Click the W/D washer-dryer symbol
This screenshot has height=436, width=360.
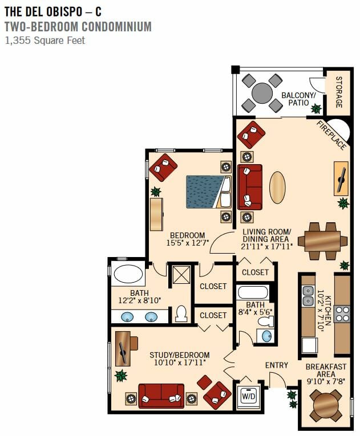[249, 397]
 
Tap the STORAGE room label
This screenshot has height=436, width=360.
[339, 92]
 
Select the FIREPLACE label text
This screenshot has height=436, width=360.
[331, 135]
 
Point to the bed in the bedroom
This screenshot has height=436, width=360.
[209, 191]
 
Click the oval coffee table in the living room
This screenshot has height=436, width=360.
[277, 188]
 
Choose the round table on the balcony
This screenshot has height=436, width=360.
[262, 93]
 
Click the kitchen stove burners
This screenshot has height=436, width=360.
[342, 313]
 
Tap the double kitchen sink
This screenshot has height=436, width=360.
[308, 295]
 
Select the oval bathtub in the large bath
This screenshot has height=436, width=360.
[128, 274]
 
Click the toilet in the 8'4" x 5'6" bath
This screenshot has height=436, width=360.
[266, 321]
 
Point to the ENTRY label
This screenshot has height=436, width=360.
[277, 365]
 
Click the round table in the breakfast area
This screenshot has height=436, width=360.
[326, 405]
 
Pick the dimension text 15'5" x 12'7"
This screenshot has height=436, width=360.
[187, 243]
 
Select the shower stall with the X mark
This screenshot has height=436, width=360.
[181, 275]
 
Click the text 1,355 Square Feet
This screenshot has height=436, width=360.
[45, 40]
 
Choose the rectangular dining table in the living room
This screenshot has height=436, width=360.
[322, 241]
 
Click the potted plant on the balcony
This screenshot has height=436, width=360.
[316, 109]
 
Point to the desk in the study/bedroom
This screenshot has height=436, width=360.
[123, 349]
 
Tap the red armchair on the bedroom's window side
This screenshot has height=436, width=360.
[163, 168]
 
